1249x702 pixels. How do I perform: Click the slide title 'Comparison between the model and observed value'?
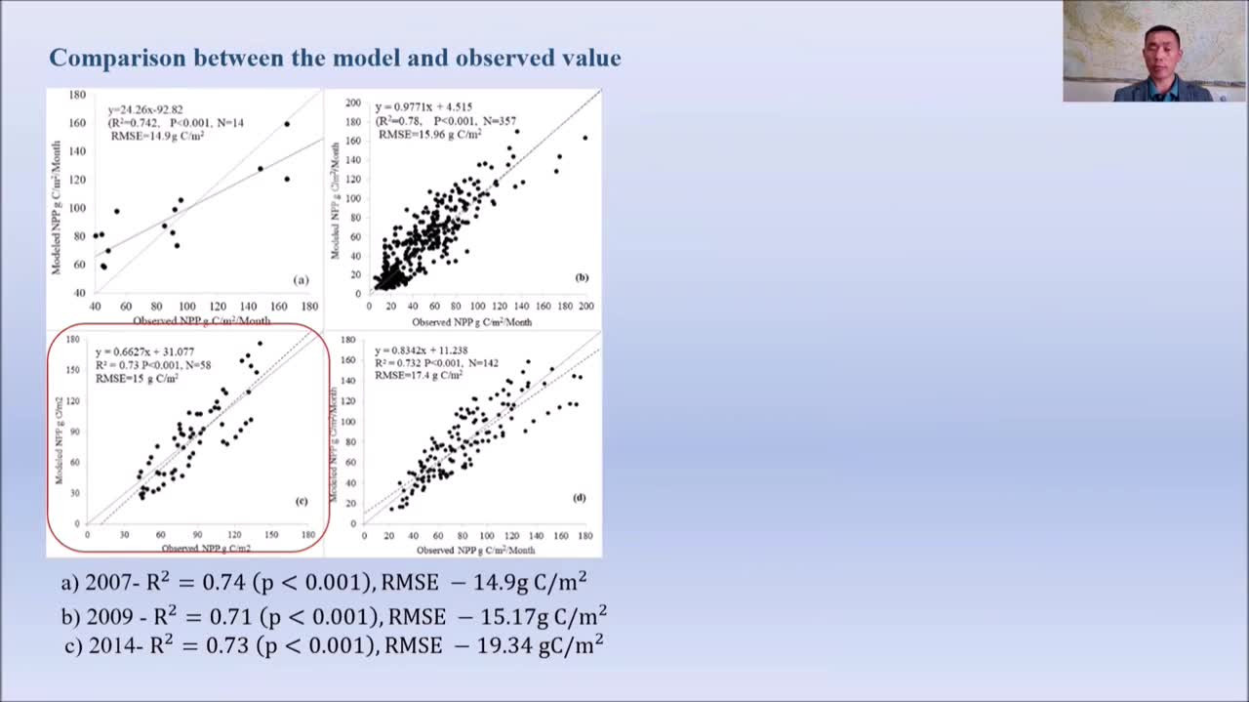tap(335, 58)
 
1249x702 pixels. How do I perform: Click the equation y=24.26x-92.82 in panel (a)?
tap(146, 109)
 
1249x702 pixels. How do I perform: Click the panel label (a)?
tap(301, 279)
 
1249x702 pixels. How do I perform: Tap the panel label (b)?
tap(582, 277)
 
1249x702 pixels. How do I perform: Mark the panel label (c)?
tap(302, 501)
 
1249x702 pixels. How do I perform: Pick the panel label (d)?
tap(580, 498)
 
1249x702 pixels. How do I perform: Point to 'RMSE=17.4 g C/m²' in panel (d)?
tap(419, 375)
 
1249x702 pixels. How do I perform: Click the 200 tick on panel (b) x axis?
tap(585, 306)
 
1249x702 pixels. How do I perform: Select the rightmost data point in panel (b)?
tap(585, 138)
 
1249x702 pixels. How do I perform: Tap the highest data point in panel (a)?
tap(287, 124)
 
